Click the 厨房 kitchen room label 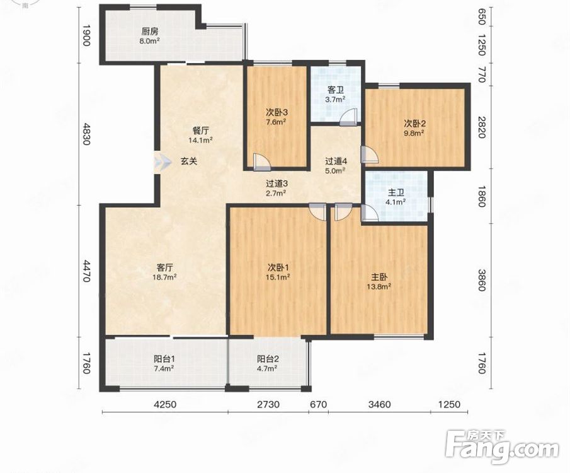[150, 32]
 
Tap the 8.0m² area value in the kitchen [150, 41]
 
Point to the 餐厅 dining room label [200, 131]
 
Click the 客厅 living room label [164, 267]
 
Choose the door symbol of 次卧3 [262, 163]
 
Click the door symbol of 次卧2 [370, 155]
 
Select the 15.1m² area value [278, 277]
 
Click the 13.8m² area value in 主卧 [379, 286]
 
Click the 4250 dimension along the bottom [166, 404]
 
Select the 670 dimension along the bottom [319, 404]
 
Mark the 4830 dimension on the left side [86, 134]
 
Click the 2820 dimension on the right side [482, 127]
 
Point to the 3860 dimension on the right [482, 280]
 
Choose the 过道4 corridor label [336, 161]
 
